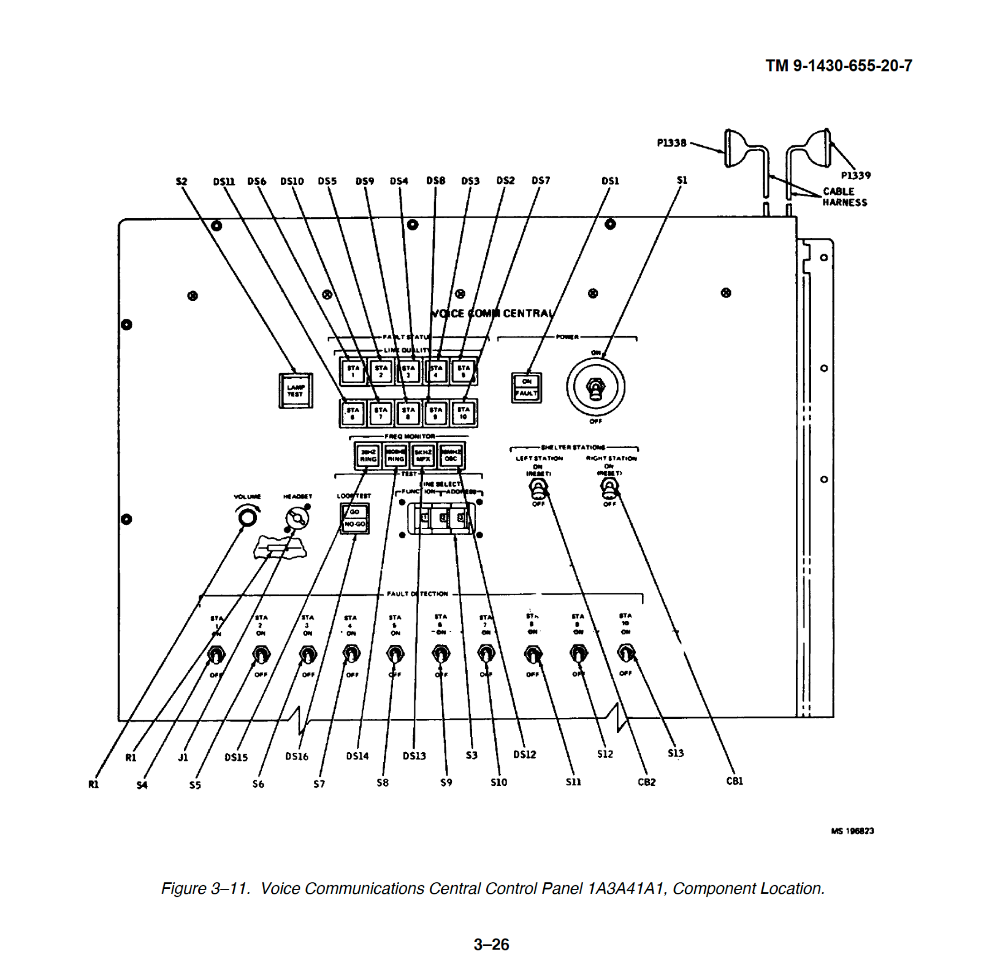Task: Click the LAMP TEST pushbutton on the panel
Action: tap(296, 390)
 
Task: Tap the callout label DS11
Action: tap(224, 181)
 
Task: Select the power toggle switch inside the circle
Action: tap(595, 388)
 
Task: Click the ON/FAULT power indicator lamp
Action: tap(526, 387)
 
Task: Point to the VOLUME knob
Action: tap(248, 517)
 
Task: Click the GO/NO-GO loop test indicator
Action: tap(354, 518)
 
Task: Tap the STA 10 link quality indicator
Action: tap(464, 413)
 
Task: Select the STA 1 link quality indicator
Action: tap(353, 371)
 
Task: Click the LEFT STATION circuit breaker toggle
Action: tap(538, 489)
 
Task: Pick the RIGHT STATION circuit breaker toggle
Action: tap(609, 488)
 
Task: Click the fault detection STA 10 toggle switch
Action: tap(625, 653)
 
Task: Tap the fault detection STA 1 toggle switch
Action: tap(216, 655)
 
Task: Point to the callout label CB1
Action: tap(734, 781)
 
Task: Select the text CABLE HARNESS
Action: tap(844, 197)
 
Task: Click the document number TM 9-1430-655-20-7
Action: tap(838, 66)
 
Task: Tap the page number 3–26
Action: tap(491, 944)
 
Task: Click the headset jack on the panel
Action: tap(297, 519)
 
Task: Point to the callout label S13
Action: tap(675, 753)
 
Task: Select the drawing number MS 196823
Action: tap(852, 831)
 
